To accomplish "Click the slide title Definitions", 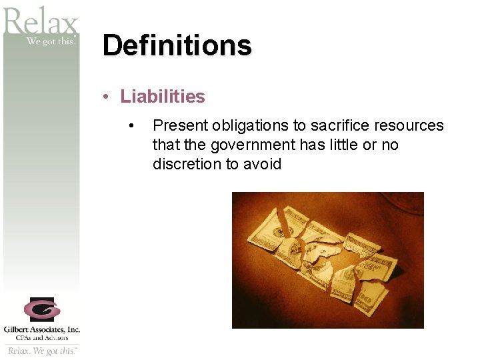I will (x=177, y=45).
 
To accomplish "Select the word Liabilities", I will (x=163, y=97).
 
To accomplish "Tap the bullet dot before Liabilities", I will (x=106, y=97).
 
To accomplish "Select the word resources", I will (x=410, y=126).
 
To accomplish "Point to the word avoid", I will (x=262, y=164).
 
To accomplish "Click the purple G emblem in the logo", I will (x=41, y=309).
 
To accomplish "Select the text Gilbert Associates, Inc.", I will (x=41, y=329).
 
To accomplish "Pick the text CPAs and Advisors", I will (x=41, y=337).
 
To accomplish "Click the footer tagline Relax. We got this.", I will (x=41, y=351).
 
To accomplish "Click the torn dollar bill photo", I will (x=327, y=260).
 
